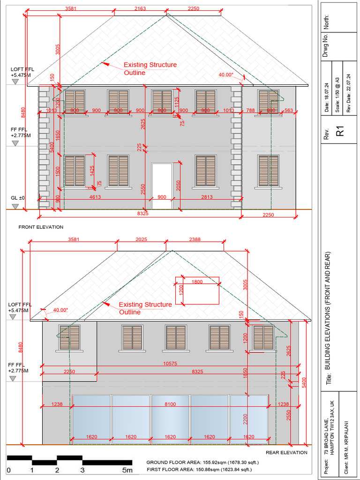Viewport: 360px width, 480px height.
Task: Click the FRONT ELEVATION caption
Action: pos(40,227)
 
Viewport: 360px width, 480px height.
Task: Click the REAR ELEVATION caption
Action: pos(286,452)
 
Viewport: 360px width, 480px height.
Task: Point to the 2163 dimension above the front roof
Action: pos(140,8)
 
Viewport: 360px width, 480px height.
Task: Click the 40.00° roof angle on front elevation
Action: pos(226,75)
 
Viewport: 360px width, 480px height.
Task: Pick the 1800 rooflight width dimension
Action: pos(197,282)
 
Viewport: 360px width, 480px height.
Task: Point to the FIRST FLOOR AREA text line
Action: pos(199,469)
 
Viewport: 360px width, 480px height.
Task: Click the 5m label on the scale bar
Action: pos(127,470)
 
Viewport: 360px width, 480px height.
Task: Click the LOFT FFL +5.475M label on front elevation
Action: pos(22,72)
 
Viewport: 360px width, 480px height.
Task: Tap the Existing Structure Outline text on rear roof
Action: pos(145,308)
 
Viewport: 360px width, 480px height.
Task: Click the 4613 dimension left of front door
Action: pos(95,197)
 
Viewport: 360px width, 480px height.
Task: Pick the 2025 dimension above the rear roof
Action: pos(141,240)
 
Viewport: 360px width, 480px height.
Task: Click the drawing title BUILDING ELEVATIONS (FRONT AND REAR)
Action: pos(329,318)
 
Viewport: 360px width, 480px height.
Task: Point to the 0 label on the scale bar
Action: pos(8,470)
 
